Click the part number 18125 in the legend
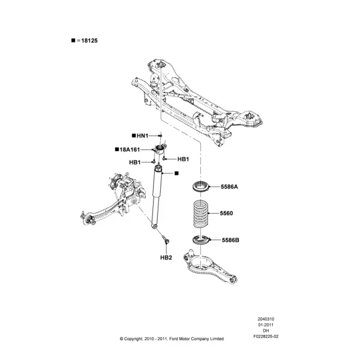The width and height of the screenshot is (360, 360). [89, 41]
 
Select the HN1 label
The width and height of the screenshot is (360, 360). [142, 136]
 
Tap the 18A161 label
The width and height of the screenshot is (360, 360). [130, 149]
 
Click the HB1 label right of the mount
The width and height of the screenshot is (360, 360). [183, 159]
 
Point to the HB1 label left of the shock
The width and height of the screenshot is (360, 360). [135, 163]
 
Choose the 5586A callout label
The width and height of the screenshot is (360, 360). [229, 187]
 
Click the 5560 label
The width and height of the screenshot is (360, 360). [226, 213]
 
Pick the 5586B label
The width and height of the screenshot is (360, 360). [230, 240]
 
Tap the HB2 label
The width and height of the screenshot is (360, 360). [166, 257]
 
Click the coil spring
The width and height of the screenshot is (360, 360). [201, 214]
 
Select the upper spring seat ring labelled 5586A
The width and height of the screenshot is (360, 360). [200, 186]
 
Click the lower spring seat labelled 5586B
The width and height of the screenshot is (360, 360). [201, 240]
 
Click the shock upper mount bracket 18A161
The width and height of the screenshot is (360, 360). [160, 149]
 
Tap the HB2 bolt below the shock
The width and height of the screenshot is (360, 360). [166, 239]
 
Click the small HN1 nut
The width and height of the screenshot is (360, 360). [160, 136]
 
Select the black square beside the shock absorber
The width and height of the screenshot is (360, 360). [176, 173]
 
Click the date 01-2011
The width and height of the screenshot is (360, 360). [266, 325]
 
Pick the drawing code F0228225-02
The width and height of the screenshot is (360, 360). [266, 337]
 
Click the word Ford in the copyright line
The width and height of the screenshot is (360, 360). [174, 338]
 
